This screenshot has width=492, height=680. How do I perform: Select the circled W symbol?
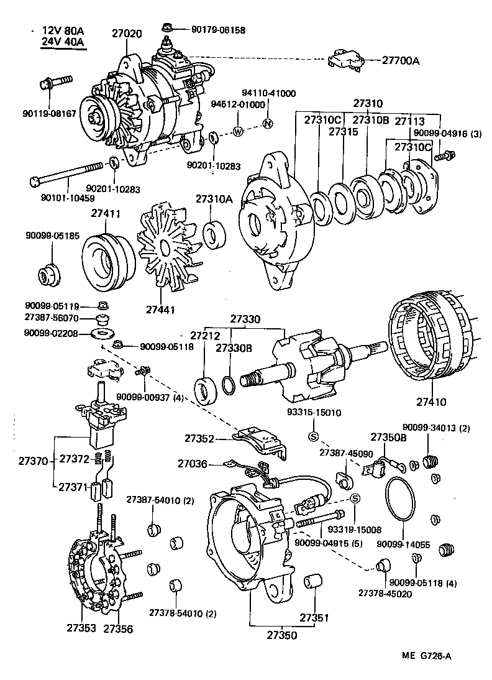[x=238, y=131]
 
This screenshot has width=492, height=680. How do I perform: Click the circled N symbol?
[x=268, y=122]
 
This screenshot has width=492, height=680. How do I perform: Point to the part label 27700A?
[x=401, y=60]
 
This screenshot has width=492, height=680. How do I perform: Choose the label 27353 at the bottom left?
[x=81, y=628]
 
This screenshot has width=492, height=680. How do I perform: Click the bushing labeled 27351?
[x=312, y=585]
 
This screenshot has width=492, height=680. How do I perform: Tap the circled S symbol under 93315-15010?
[x=314, y=435]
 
